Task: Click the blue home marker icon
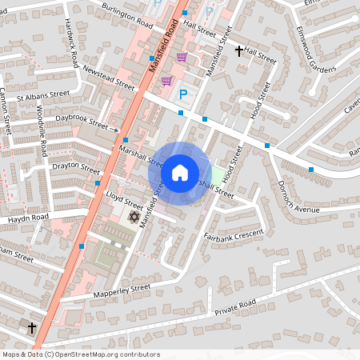pos(180,173)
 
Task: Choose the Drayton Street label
pos(75,170)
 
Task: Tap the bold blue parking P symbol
pos(183,94)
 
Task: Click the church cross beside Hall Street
pos(238,51)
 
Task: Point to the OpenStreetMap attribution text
pos(81,354)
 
